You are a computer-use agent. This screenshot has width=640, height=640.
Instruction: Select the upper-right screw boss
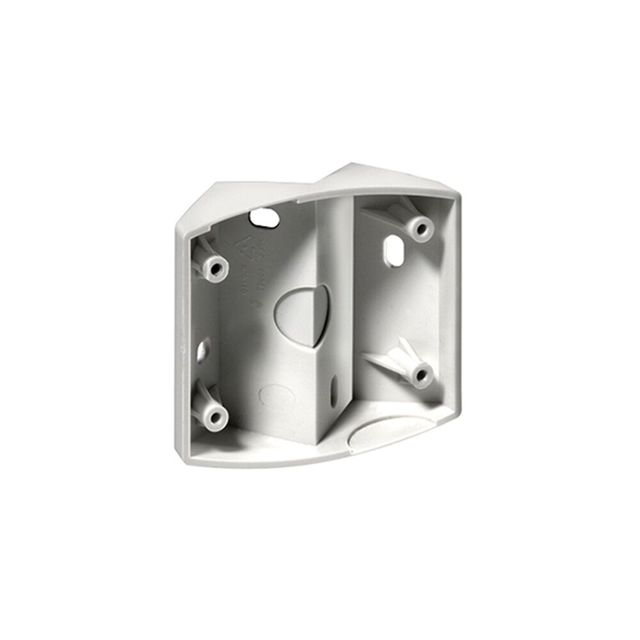[x=420, y=228]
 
